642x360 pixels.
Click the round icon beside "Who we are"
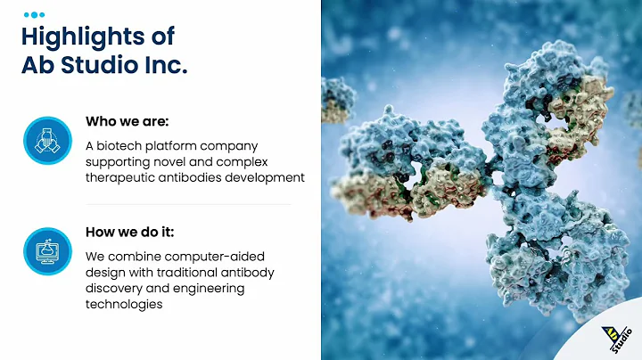pos(47,139)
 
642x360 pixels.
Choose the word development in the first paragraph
pos(266,177)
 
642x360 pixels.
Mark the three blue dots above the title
pos(33,14)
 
